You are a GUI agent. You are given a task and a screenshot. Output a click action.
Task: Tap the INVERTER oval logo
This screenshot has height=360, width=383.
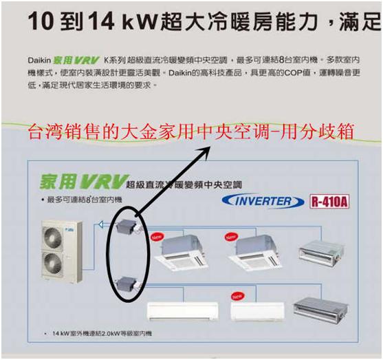(263, 201)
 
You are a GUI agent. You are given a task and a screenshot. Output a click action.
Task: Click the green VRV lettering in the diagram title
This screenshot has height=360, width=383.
(101, 182)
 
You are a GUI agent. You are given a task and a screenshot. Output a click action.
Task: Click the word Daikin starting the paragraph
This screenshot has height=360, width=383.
(40, 62)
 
